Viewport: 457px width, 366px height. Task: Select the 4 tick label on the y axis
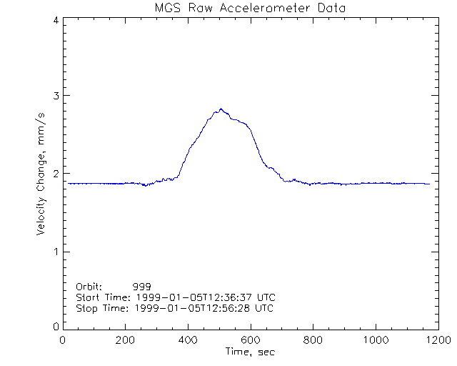pos(55,20)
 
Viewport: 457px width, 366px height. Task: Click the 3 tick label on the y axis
pos(55,96)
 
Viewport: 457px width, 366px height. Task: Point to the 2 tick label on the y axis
pos(55,174)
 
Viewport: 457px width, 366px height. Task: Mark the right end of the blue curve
pos(430,184)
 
